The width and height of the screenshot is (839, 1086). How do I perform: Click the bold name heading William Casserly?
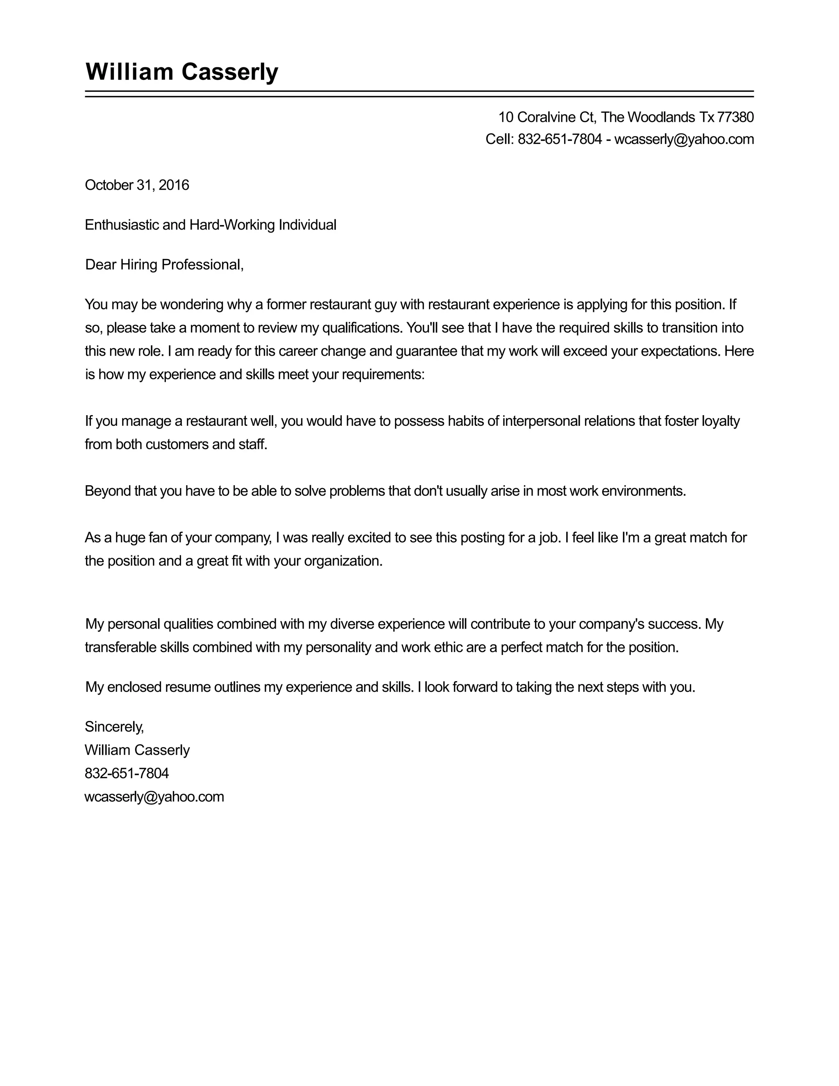[x=182, y=72]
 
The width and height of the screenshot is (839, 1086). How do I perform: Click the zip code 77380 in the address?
[x=736, y=117]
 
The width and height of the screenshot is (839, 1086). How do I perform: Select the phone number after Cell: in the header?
[x=560, y=139]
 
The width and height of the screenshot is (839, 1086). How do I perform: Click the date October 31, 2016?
[x=137, y=185]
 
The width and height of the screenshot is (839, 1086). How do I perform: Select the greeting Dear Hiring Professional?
[x=165, y=265]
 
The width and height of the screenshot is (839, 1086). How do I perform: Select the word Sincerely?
[x=114, y=727]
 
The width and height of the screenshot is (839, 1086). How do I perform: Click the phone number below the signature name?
[x=127, y=773]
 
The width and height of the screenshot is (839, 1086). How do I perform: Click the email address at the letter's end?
[x=154, y=797]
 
